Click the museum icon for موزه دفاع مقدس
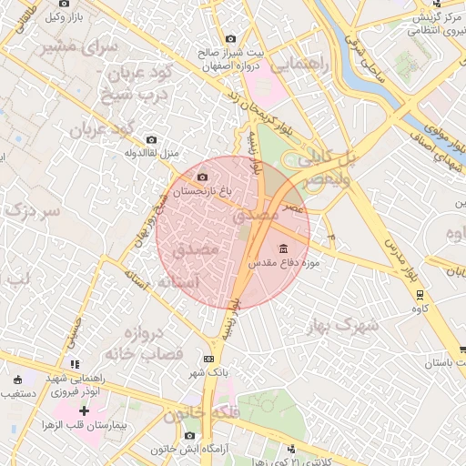pyautogui.click(x=283, y=248)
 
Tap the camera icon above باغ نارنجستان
pyautogui.click(x=201, y=177)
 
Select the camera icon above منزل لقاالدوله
pyautogui.click(x=151, y=139)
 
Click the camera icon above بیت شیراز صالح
pyautogui.click(x=229, y=39)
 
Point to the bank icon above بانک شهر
pyautogui.click(x=208, y=359)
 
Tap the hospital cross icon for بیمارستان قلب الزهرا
pyautogui.click(x=85, y=411)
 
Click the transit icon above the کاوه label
pyautogui.click(x=420, y=295)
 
